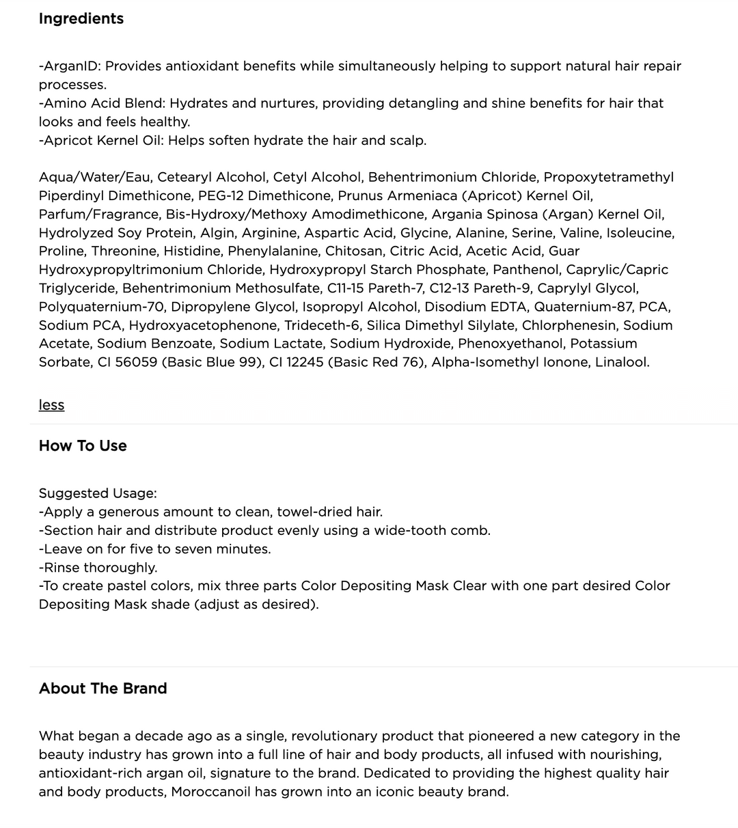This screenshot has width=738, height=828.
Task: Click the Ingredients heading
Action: coord(81,18)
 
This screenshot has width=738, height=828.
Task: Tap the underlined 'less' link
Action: coord(51,404)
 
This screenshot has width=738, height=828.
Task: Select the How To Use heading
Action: coord(83,445)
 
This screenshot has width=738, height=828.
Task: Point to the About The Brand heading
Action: coord(102,688)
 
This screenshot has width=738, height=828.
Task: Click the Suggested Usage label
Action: coord(98,493)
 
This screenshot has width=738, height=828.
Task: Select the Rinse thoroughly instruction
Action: coord(99,567)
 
